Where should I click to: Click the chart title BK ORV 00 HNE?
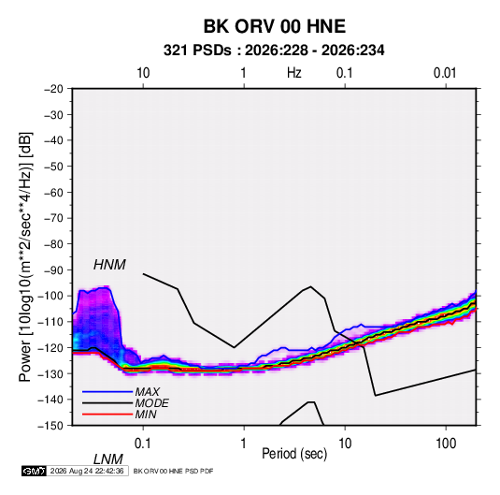coord(275,26)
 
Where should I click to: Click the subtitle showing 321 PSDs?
coord(274,51)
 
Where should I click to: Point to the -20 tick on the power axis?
coord(54,89)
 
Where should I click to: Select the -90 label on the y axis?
coord(54,270)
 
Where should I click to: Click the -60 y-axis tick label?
coord(54,192)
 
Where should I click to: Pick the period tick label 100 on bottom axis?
coord(446,444)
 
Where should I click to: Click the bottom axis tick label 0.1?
coord(143,444)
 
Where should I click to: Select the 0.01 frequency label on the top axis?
coord(445,73)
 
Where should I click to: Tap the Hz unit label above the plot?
coord(294,73)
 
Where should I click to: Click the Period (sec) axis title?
coord(294,454)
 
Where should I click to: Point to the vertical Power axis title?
coord(25,257)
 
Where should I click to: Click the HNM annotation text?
coord(109,265)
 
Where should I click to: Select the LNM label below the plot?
coord(108,459)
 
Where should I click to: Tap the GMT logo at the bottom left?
coord(35,471)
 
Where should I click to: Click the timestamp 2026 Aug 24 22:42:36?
coord(87,471)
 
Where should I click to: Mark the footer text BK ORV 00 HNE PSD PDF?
coord(173,471)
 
